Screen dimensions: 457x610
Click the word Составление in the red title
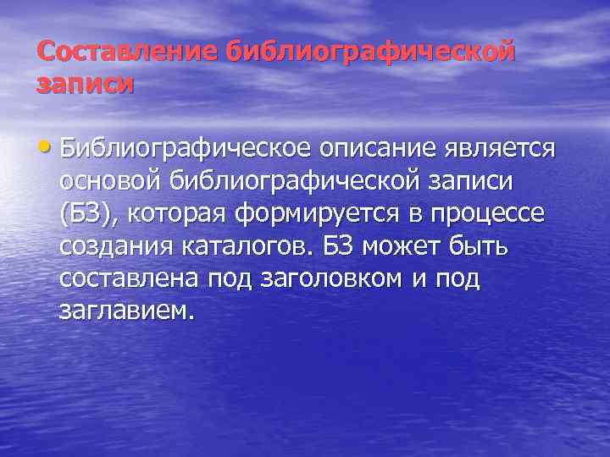(127, 52)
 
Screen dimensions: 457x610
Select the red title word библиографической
(370, 52)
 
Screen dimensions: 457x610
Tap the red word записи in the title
(86, 85)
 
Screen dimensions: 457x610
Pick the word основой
(111, 181)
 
